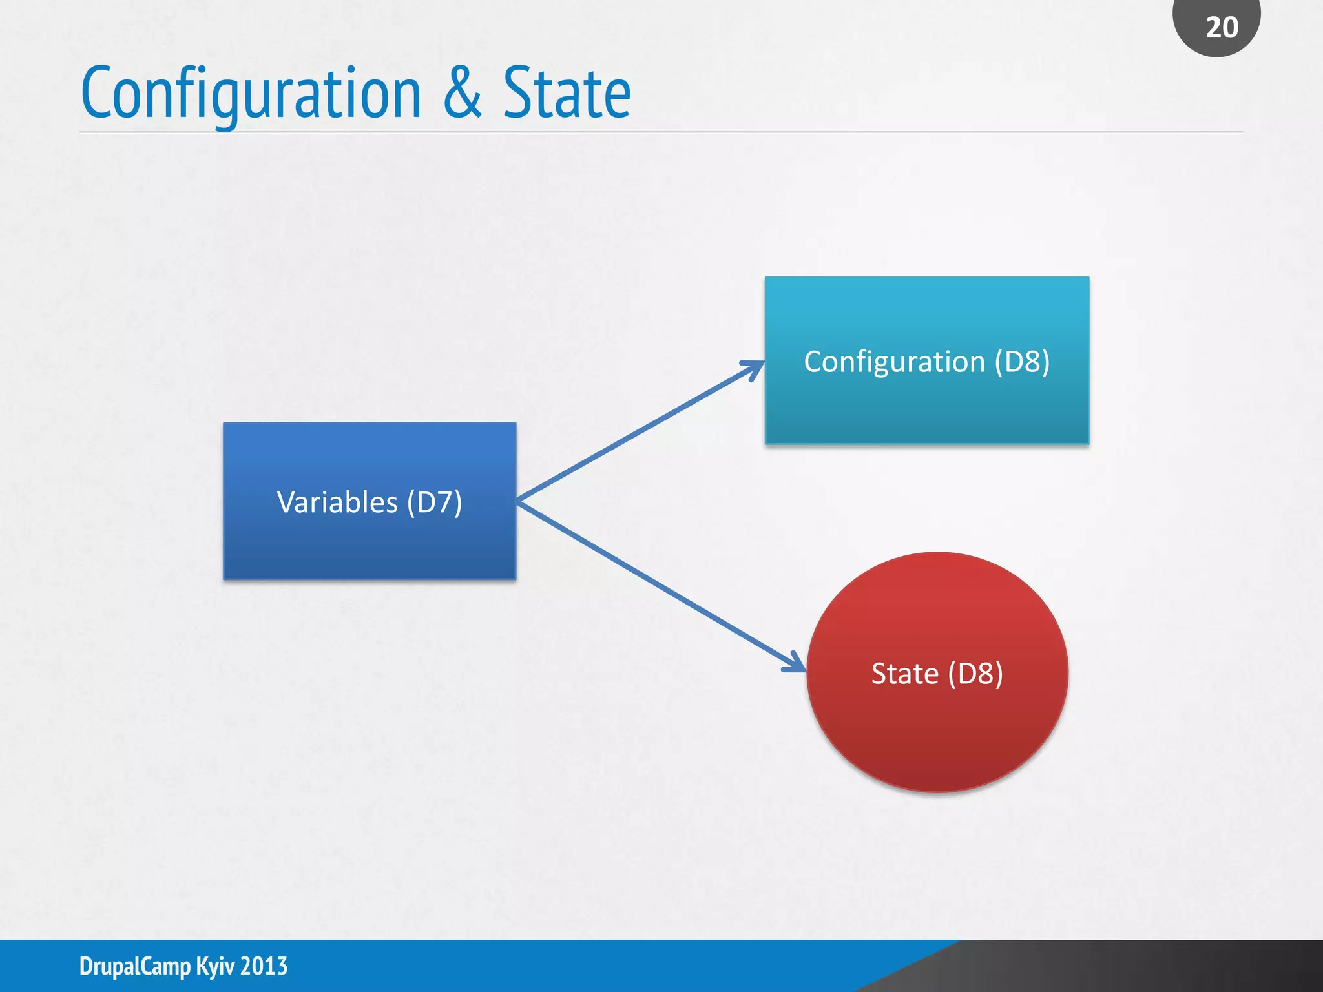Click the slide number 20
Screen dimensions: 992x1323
1222,28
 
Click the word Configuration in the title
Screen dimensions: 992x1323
251,94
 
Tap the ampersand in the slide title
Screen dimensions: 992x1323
463,93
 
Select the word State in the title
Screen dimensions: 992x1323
567,93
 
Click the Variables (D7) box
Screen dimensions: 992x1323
369,542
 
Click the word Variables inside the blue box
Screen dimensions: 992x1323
337,502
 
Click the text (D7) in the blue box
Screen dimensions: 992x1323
434,502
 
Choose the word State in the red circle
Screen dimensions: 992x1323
904,674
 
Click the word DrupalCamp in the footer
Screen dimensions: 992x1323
135,966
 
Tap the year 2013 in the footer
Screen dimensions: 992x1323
264,966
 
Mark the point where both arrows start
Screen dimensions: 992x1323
518,501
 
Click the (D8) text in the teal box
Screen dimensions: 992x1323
1022,362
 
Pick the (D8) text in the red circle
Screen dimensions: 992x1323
975,674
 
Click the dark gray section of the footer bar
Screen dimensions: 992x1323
1163,966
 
